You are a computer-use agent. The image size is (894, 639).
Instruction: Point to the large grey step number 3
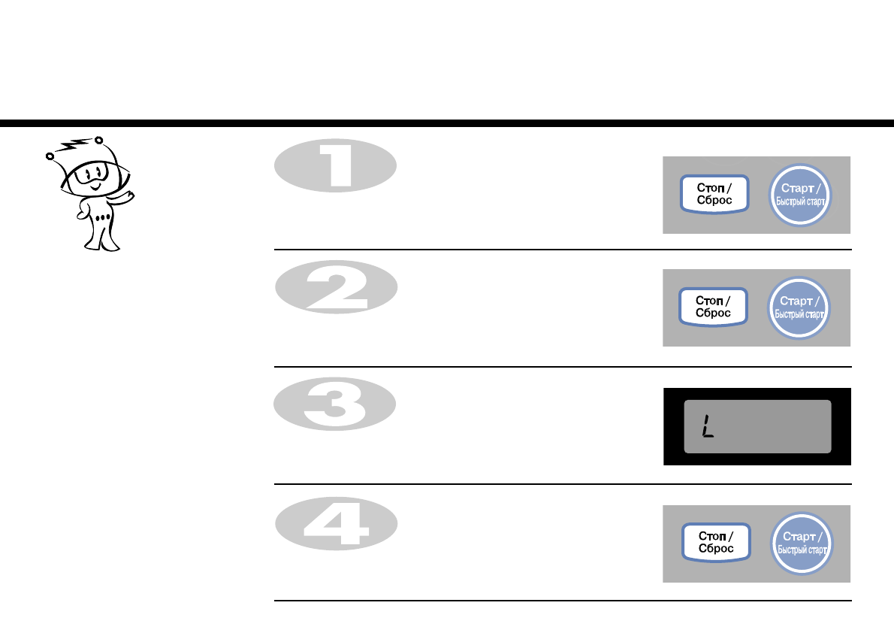[x=335, y=404]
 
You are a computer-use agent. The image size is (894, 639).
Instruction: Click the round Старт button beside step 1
[x=802, y=194]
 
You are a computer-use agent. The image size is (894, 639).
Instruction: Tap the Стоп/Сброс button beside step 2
[x=714, y=307]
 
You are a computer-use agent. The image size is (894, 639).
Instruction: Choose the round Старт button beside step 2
[x=800, y=307]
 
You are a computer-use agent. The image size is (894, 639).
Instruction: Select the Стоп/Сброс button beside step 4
[x=715, y=542]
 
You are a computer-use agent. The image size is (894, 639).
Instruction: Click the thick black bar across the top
[x=447, y=123]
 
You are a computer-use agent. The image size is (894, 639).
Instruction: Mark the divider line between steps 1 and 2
[x=562, y=250]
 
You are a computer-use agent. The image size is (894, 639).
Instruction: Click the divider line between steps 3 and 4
[x=562, y=484]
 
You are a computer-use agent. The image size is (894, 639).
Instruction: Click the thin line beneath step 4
[x=562, y=601]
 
